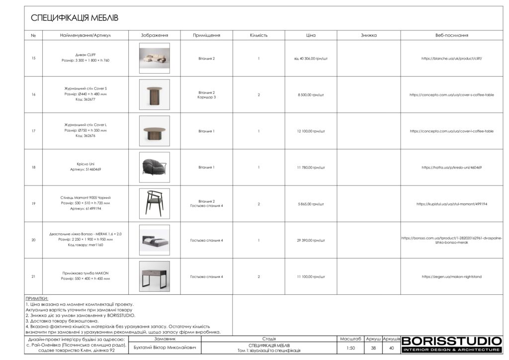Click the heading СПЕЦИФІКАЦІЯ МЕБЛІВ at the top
(x=75, y=18)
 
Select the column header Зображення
(x=154, y=35)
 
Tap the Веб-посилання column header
(x=451, y=35)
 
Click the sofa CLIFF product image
(x=154, y=58)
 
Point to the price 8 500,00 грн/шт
(x=311, y=94)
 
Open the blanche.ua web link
(x=451, y=58)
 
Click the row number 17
(x=33, y=131)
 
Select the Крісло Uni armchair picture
(x=154, y=167)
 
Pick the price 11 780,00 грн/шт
(x=311, y=168)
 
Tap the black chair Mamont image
(x=154, y=203)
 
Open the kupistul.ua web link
(x=451, y=204)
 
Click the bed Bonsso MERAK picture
(x=154, y=240)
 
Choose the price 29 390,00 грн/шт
(x=311, y=240)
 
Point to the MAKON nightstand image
(x=154, y=276)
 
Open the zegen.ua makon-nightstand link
(x=451, y=276)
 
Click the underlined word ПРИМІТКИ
(x=37, y=298)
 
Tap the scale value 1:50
(x=351, y=348)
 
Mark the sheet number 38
(x=373, y=348)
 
